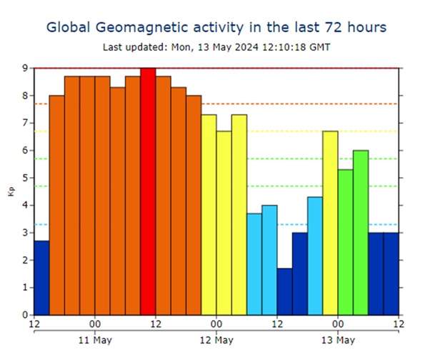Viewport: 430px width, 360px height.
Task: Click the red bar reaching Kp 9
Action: coord(148,191)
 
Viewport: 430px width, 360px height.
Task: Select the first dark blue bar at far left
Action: coord(42,278)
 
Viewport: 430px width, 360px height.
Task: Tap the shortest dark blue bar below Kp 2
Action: coord(285,291)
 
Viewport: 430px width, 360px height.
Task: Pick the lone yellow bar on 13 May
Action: coord(330,223)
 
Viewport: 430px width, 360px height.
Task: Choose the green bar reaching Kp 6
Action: coord(361,233)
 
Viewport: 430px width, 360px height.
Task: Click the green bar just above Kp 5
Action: coord(346,242)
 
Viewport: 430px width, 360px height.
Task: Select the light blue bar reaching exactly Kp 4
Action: coord(269,260)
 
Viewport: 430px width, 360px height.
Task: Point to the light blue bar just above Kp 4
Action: coord(315,256)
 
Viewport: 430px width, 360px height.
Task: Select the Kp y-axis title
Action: coord(11,191)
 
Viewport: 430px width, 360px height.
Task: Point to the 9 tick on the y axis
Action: coord(26,68)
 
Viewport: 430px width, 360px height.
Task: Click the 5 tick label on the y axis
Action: coord(26,178)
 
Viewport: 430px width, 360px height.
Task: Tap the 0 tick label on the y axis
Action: coord(26,315)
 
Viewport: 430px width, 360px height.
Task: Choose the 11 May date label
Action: coord(95,340)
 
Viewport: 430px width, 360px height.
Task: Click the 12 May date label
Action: coord(216,340)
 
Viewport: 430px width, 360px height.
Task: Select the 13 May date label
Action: coord(338,340)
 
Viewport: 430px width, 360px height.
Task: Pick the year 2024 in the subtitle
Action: coord(246,47)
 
